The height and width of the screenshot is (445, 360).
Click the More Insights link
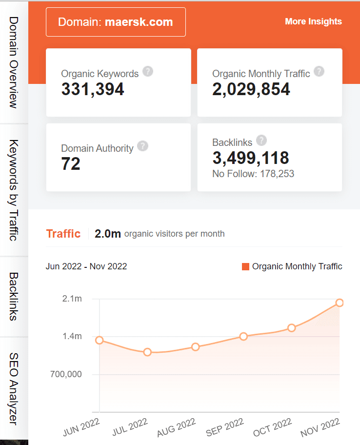tap(313, 21)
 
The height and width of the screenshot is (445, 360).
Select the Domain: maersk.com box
tap(116, 22)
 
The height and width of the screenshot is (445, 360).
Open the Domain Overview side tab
tap(14, 62)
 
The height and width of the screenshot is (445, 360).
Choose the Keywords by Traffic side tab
tap(14, 190)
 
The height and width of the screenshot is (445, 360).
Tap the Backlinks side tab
tap(14, 296)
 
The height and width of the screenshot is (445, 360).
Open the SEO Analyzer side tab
tap(14, 388)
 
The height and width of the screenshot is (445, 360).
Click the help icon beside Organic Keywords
tap(148, 72)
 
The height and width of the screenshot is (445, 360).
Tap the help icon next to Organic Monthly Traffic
tap(319, 72)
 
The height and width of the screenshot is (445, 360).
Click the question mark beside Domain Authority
tap(142, 146)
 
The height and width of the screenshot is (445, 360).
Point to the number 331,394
tap(93, 89)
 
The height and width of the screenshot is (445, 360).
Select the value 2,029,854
tap(251, 89)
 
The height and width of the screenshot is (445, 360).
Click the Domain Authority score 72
tap(71, 164)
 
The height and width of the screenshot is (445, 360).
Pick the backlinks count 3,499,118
tap(251, 158)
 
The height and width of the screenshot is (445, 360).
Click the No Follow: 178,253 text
tap(253, 174)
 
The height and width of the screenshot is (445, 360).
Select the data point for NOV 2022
tap(340, 303)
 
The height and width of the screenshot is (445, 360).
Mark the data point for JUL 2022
tap(147, 352)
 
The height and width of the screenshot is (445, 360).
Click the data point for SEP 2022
tap(243, 336)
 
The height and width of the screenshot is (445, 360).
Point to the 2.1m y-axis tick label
tap(72, 299)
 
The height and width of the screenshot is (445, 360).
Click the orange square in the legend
tap(245, 266)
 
